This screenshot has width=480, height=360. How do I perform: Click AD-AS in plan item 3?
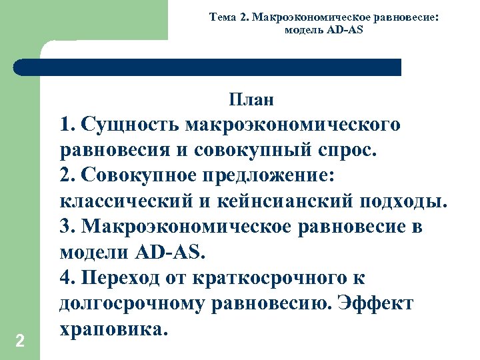(x=172, y=253)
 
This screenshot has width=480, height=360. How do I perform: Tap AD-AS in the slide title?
(x=345, y=30)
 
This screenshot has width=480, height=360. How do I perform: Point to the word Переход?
(x=121, y=278)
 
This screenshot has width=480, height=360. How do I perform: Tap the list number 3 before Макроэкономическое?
(x=65, y=227)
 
